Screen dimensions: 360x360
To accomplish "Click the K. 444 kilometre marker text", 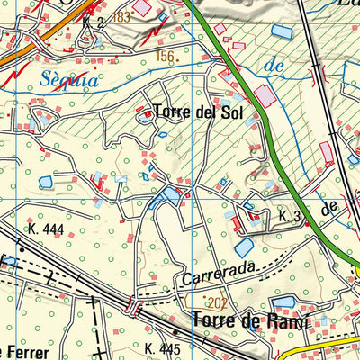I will coord(46,229).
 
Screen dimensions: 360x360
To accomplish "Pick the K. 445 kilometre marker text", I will coord(163,347).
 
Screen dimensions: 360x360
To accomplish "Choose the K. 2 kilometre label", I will coord(93,21).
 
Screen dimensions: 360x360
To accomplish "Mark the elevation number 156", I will coord(165,57).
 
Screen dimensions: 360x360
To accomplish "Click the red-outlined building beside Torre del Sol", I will coord(145,114).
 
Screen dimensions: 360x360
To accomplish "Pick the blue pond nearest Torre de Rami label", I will coord(283,301).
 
